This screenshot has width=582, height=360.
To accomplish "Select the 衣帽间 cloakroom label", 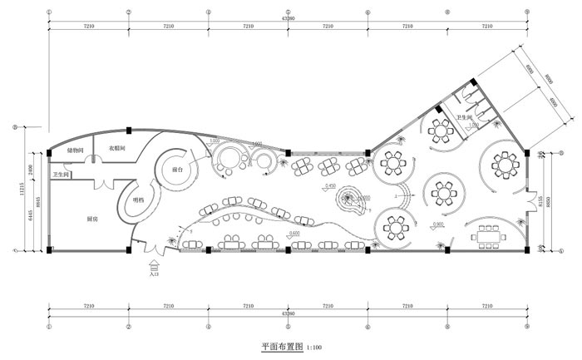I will pos(115,149).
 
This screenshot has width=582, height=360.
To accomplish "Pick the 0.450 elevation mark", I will pos(331,185).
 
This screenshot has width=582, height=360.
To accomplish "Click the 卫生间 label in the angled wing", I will pos(463,120).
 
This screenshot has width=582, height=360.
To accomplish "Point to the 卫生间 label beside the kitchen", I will pos(62,175).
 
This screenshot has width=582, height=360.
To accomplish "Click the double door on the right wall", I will pos(527,200).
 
